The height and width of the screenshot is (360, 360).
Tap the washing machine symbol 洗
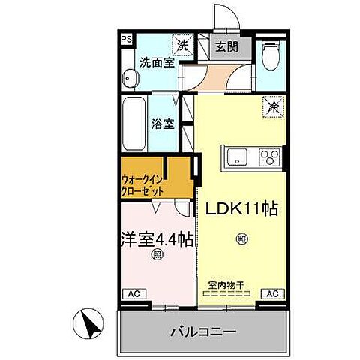click(183, 46)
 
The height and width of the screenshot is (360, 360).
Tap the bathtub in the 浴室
click(135, 123)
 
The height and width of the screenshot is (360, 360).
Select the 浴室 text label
click(164, 123)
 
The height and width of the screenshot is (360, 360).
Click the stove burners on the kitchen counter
click(268, 157)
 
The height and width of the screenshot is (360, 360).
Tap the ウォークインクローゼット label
click(142, 184)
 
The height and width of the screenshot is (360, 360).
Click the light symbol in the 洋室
click(157, 254)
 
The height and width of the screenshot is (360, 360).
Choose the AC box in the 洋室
click(133, 293)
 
